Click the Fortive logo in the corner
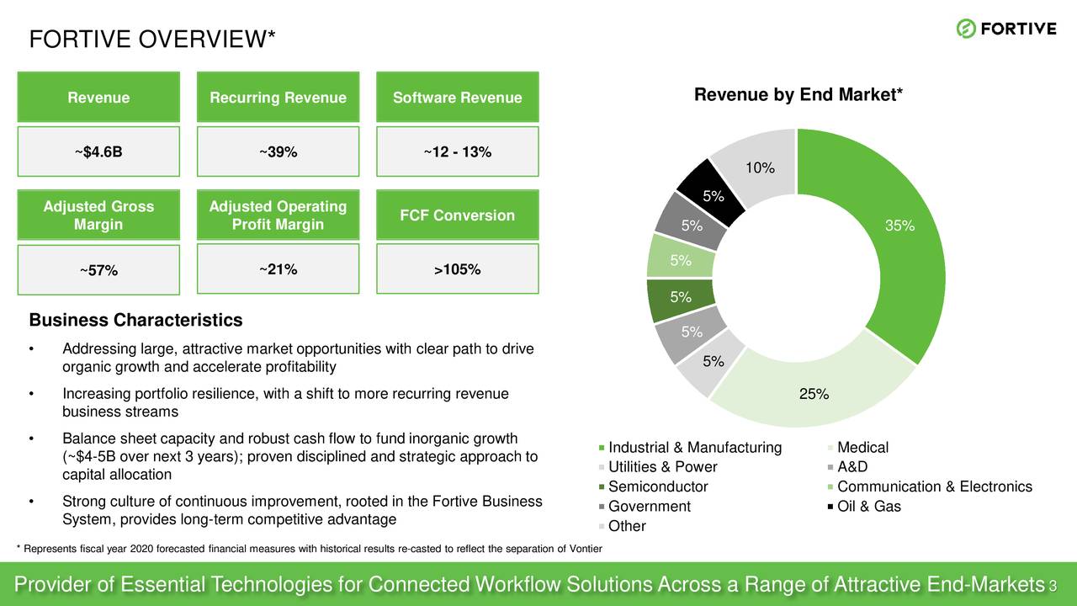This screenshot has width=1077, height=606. (x=1005, y=29)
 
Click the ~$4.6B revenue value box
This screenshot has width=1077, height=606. (x=98, y=151)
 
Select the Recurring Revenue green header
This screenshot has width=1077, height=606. (x=278, y=98)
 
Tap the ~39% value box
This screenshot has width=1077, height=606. (x=278, y=151)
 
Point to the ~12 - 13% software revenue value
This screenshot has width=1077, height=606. (x=457, y=151)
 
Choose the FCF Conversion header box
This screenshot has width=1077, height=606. (x=457, y=215)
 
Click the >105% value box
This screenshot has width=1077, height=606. (x=457, y=269)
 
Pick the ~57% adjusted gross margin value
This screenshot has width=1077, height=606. (x=98, y=270)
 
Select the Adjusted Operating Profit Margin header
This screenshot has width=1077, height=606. (x=278, y=215)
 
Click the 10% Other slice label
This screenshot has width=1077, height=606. (x=759, y=168)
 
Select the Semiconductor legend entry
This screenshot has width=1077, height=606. (x=657, y=486)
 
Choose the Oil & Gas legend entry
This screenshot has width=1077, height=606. (x=868, y=506)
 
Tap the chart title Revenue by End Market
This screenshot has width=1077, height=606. (x=798, y=96)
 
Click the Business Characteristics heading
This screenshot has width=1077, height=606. (x=135, y=321)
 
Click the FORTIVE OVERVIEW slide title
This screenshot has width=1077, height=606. (x=152, y=40)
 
